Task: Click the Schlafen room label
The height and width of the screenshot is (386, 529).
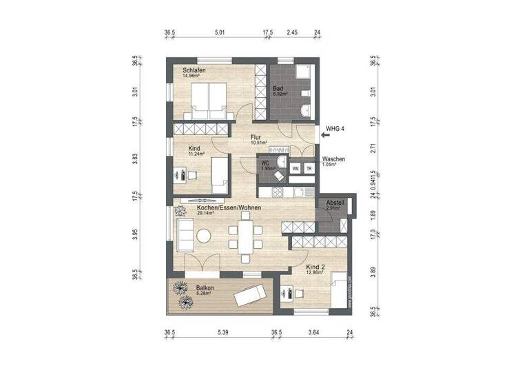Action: [194, 70]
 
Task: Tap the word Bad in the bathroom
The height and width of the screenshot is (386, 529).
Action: [278, 89]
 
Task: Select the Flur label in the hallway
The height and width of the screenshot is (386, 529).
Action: [256, 137]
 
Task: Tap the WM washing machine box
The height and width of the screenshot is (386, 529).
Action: [295, 168]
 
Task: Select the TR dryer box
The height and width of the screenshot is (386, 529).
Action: [309, 168]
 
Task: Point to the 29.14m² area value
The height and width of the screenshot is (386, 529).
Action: [205, 214]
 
